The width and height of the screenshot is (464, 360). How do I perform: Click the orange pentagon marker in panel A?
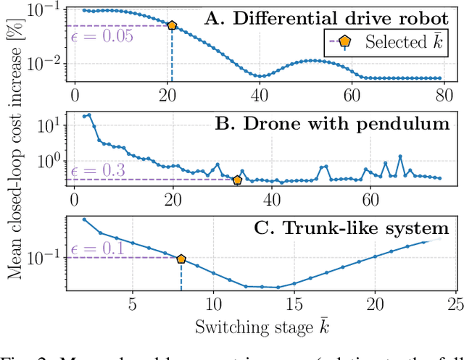[172, 25]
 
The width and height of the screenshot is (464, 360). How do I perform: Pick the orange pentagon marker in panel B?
[237, 180]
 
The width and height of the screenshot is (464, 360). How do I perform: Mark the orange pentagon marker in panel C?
[181, 258]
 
